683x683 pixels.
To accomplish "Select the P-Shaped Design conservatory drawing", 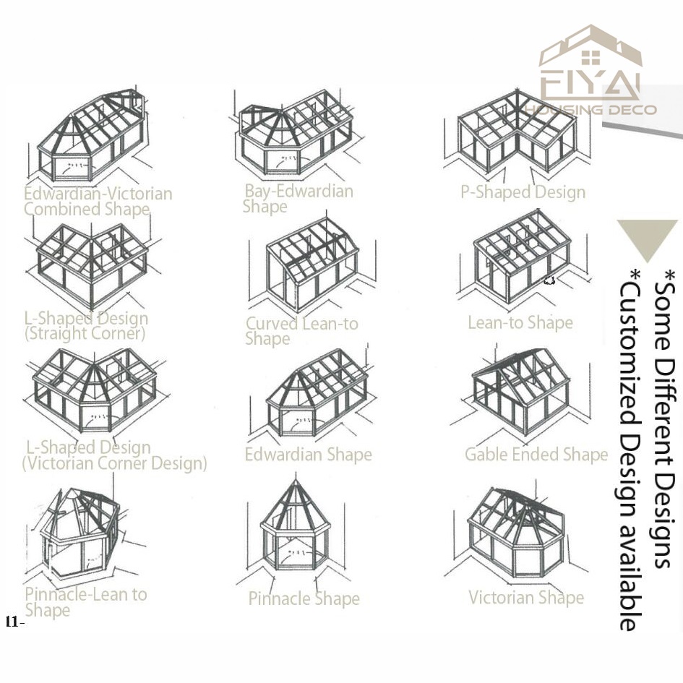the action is coord(517,133).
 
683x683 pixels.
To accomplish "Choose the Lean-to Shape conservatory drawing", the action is coord(523,258).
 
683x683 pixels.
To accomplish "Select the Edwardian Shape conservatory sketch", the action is coord(314,393).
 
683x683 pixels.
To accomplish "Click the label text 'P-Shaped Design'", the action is coord(523,192).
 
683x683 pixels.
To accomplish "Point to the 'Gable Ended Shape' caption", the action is coord(536,455).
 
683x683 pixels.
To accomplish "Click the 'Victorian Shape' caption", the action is coord(526,597).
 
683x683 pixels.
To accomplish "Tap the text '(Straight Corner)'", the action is coord(85,334).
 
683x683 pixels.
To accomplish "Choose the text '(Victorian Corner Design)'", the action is coord(115,463).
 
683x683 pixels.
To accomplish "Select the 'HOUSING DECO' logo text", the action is coord(590,110).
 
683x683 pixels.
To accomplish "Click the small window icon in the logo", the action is coord(590,58).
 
